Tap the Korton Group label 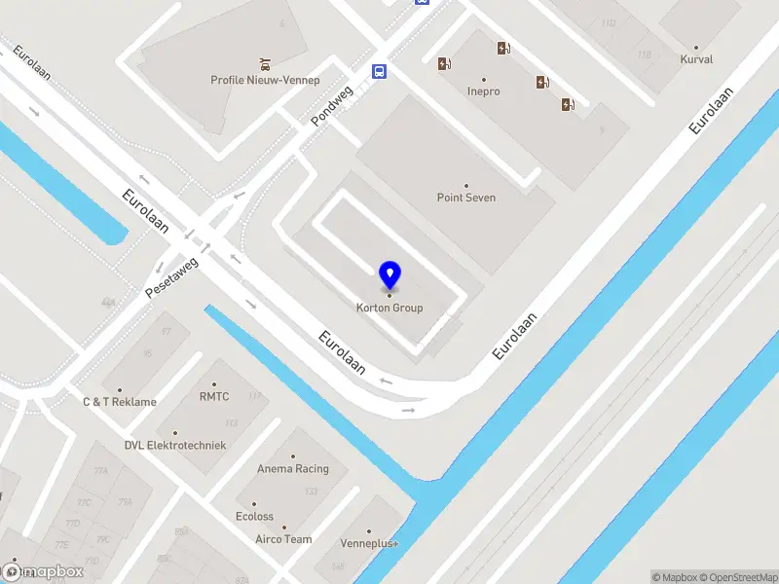point(389,308)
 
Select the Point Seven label point(466,198)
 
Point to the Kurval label point(696,59)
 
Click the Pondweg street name point(331,105)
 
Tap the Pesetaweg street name point(171,277)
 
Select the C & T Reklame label point(119,401)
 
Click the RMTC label point(214,396)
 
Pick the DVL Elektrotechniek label point(175,445)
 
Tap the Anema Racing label point(293,468)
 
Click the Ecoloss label point(255,517)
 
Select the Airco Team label point(283,539)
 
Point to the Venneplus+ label point(370,543)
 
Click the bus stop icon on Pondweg point(378,70)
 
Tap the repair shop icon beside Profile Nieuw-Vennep point(265,64)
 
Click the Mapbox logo point(44,571)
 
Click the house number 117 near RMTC point(255,395)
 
